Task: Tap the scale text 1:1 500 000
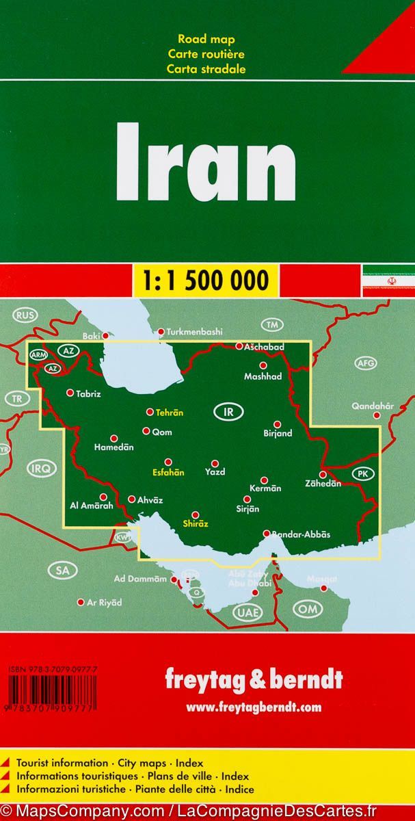pyautogui.click(x=207, y=280)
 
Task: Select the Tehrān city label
pyautogui.click(x=170, y=413)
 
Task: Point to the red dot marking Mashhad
pyautogui.click(x=263, y=365)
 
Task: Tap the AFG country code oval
pyautogui.click(x=366, y=363)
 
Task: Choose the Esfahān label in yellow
pyautogui.click(x=168, y=472)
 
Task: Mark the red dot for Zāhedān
pyautogui.click(x=323, y=473)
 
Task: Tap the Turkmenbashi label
pyautogui.click(x=195, y=332)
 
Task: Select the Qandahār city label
pyautogui.click(x=373, y=406)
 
